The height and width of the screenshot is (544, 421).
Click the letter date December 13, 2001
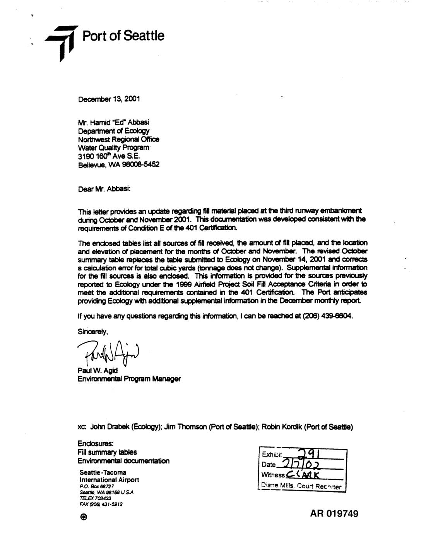point(109,99)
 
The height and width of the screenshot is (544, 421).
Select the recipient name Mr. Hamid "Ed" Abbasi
point(111,122)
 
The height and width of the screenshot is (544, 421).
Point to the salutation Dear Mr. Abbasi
point(104,189)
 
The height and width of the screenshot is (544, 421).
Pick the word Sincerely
point(92,332)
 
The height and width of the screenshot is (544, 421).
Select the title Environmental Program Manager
point(129,379)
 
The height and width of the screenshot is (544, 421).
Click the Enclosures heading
point(95,444)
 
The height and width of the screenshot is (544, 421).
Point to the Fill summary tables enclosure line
point(107,452)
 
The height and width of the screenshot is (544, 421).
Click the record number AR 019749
point(334,514)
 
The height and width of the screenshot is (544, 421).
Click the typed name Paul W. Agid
point(98,371)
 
